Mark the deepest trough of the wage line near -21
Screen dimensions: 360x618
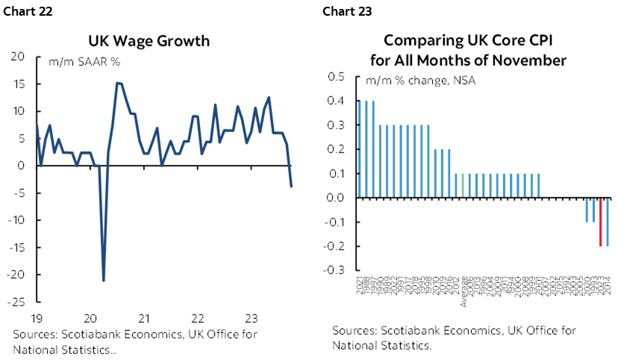click(103, 280)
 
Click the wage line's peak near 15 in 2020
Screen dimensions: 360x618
click(118, 83)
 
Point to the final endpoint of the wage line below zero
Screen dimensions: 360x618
click(291, 186)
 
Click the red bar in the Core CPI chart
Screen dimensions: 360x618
click(600, 222)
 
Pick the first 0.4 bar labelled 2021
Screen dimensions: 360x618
click(359, 149)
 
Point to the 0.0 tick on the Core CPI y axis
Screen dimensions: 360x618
click(335, 198)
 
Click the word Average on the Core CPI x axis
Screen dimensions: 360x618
click(463, 292)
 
